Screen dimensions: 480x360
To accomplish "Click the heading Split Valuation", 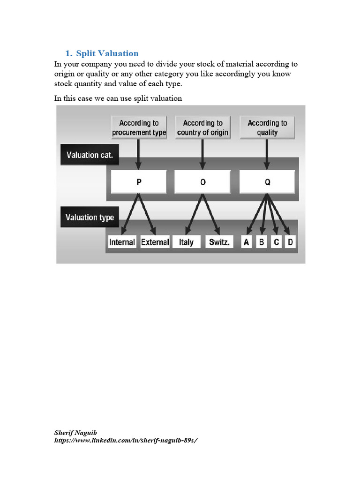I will point(107,53).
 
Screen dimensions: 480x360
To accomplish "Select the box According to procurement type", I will point(139,127).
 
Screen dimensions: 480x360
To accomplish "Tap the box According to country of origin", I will point(202,127).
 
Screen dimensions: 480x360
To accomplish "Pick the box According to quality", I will point(267,127).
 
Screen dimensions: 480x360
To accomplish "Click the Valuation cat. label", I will point(90,155).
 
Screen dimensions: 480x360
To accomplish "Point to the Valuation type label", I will point(90,217).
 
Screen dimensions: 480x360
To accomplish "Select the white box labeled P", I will point(139,182).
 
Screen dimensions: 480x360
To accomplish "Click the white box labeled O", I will point(202,182).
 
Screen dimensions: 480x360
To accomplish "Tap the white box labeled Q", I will point(267,182).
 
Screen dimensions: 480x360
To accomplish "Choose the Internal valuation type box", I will point(122,242).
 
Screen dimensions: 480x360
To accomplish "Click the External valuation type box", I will point(155,242).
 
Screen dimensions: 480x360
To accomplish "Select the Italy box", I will point(186,242).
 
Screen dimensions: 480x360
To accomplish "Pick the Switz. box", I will point(219,242).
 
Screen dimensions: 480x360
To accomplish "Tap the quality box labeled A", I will point(247,242).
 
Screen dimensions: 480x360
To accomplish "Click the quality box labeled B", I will point(262,242).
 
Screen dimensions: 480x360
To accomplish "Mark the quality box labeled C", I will point(276,242).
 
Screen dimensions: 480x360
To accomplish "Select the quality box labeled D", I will point(290,242).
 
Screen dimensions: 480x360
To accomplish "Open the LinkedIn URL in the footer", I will point(123,441).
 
